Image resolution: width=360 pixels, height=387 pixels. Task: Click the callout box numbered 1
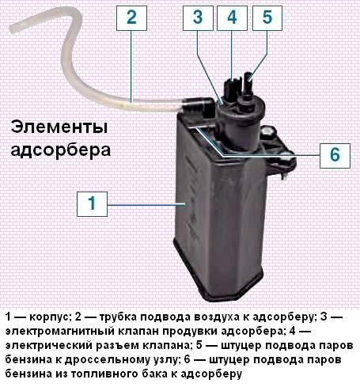point(92,204)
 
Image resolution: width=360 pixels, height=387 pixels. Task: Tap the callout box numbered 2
point(131,17)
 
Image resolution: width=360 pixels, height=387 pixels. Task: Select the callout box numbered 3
point(198,17)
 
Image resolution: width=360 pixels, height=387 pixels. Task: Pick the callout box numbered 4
point(232,17)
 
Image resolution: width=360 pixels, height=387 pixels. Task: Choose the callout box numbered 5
point(267,17)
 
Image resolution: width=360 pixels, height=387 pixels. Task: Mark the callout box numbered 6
point(335,156)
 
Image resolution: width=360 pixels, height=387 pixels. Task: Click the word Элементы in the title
point(59,127)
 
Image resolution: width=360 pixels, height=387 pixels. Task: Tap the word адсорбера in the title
point(61,150)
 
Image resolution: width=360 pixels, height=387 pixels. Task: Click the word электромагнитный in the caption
point(59,331)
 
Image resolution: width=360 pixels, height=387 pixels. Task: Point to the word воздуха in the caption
point(218,317)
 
